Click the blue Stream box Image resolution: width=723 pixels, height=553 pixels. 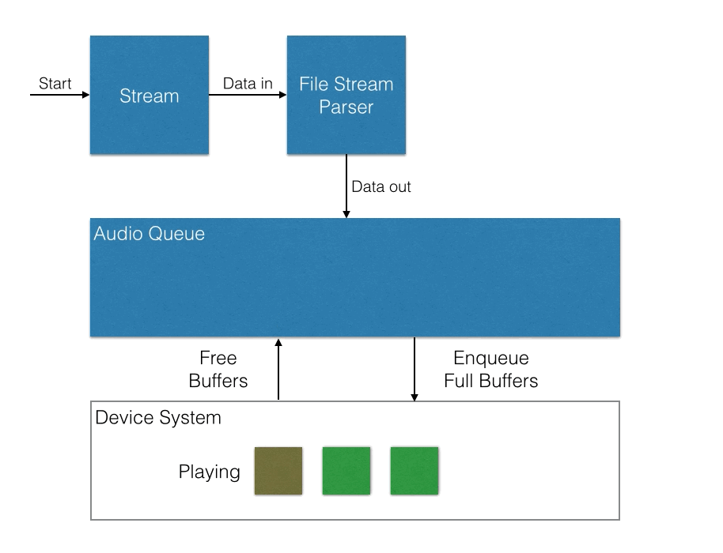point(150,95)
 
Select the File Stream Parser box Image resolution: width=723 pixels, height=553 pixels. point(346,95)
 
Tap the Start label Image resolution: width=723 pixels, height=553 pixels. point(55,83)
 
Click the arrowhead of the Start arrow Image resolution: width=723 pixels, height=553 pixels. point(85,95)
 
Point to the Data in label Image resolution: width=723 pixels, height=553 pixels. point(248,83)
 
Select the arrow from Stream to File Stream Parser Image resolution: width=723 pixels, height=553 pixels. point(248,95)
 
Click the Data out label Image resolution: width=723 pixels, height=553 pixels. point(380,186)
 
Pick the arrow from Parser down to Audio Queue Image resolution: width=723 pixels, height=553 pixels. point(346,186)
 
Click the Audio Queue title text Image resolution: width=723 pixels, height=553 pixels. point(149,234)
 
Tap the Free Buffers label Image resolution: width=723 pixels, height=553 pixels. point(218,369)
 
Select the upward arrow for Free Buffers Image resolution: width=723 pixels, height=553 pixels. point(278,369)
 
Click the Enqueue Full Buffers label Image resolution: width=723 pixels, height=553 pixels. point(491,369)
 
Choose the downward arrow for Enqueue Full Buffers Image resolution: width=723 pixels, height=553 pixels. point(414,369)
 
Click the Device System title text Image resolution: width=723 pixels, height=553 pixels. point(158,418)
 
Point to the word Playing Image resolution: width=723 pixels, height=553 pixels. point(210,472)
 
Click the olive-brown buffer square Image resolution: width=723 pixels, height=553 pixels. point(278,471)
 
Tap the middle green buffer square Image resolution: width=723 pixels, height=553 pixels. point(346,471)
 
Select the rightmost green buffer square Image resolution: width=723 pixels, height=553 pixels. point(414,471)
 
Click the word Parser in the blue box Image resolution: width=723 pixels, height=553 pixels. point(346,107)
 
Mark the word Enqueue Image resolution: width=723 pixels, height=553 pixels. point(491,358)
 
